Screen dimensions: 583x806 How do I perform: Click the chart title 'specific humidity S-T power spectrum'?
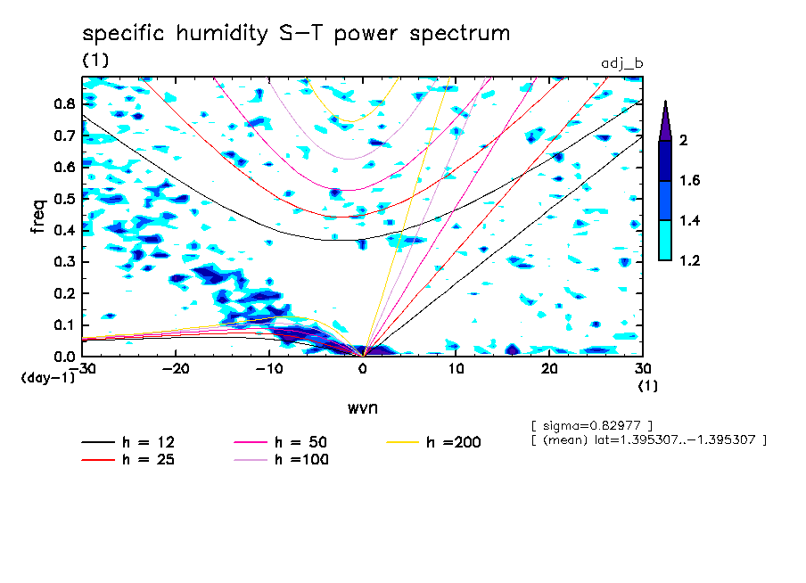(x=296, y=35)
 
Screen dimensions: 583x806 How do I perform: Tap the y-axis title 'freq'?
(x=37, y=217)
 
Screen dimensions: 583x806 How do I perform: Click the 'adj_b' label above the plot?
(x=622, y=64)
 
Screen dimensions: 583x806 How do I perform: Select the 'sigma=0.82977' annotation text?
(x=591, y=424)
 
